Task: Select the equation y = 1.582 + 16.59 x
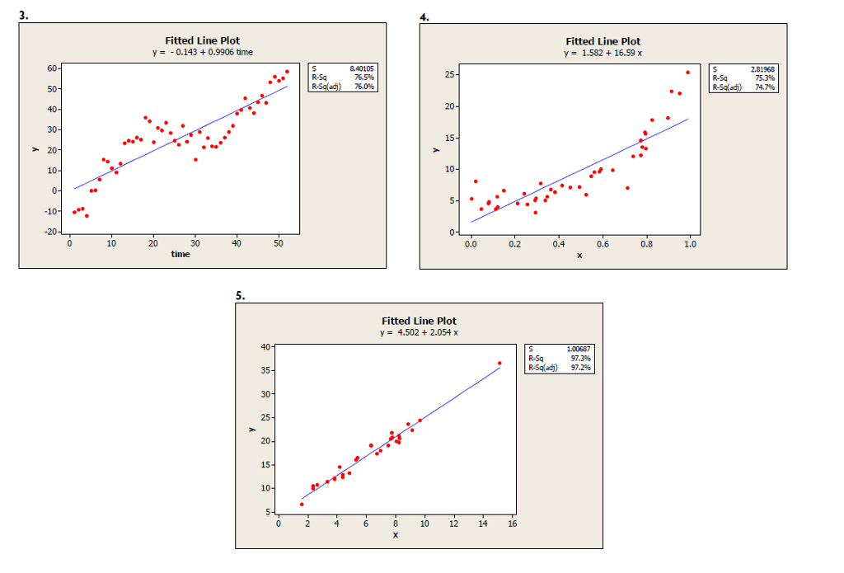point(603,53)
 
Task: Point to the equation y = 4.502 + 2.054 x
point(419,332)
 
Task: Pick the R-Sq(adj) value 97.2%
point(580,368)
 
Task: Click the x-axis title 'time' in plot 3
point(181,254)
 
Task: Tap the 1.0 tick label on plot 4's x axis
point(690,245)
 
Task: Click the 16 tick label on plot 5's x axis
point(513,524)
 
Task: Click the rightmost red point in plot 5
point(499,363)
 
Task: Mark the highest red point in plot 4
point(687,72)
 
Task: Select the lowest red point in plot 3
point(87,215)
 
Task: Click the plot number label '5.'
point(240,294)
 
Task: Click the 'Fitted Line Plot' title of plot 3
point(202,40)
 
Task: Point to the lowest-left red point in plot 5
point(302,504)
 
